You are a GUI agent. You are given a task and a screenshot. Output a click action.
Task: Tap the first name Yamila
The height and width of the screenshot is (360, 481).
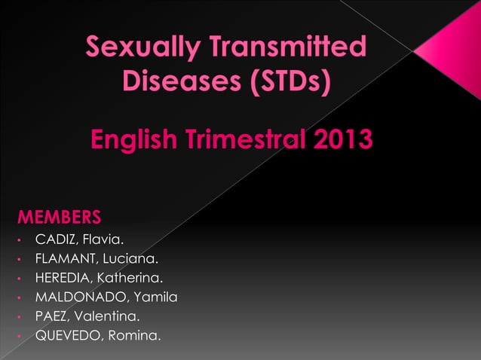click(154, 297)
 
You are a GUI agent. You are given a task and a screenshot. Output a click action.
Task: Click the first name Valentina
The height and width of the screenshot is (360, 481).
click(109, 316)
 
